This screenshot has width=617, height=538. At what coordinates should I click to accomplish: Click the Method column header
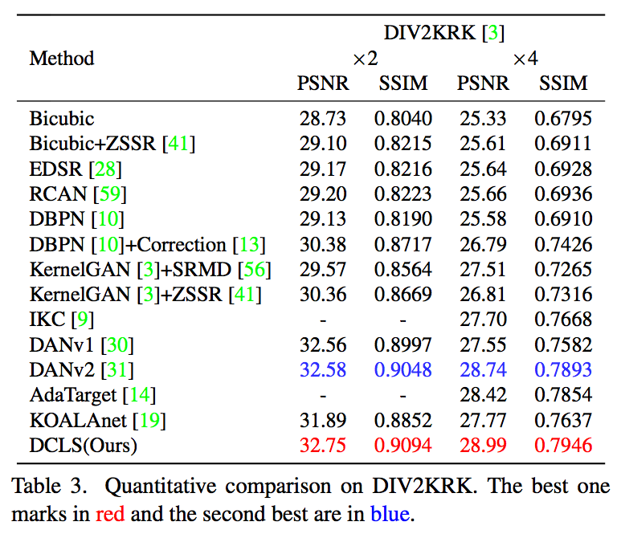(62, 59)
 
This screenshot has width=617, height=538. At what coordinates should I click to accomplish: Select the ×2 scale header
(364, 59)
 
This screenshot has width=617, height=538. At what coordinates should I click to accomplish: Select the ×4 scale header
(525, 59)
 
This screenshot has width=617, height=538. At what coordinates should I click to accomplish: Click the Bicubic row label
(62, 119)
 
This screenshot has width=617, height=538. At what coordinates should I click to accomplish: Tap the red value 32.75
(323, 446)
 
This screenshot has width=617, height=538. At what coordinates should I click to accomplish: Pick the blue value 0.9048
(402, 370)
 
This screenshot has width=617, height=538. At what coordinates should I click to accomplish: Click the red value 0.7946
(563, 446)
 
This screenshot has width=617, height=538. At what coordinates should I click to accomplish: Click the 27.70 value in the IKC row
(483, 320)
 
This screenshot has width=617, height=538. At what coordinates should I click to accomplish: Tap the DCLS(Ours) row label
(84, 446)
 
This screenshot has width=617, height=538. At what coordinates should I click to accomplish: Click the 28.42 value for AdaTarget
(483, 395)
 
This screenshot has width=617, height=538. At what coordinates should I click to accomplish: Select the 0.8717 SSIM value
(402, 245)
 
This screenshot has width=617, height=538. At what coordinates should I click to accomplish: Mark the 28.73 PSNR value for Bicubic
(323, 119)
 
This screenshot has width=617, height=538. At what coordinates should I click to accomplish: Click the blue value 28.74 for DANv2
(483, 370)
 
